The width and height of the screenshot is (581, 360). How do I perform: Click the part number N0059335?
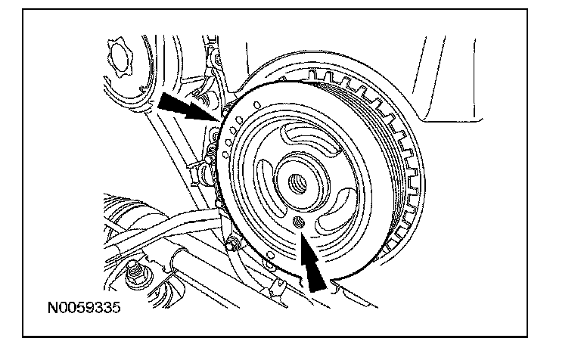(x=84, y=307)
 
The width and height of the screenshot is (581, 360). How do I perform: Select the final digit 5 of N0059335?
(x=117, y=307)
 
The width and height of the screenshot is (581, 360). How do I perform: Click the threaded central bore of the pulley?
(x=298, y=183)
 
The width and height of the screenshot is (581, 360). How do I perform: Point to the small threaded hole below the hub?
(x=299, y=222)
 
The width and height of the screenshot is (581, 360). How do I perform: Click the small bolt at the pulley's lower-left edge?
(x=232, y=244)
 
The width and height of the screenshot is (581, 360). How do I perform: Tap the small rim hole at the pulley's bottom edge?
(x=271, y=255)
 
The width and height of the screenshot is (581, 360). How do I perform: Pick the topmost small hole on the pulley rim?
(x=257, y=105)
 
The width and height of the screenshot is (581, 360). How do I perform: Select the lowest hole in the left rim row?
(x=224, y=154)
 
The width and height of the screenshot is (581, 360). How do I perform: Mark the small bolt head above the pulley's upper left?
(x=218, y=58)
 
